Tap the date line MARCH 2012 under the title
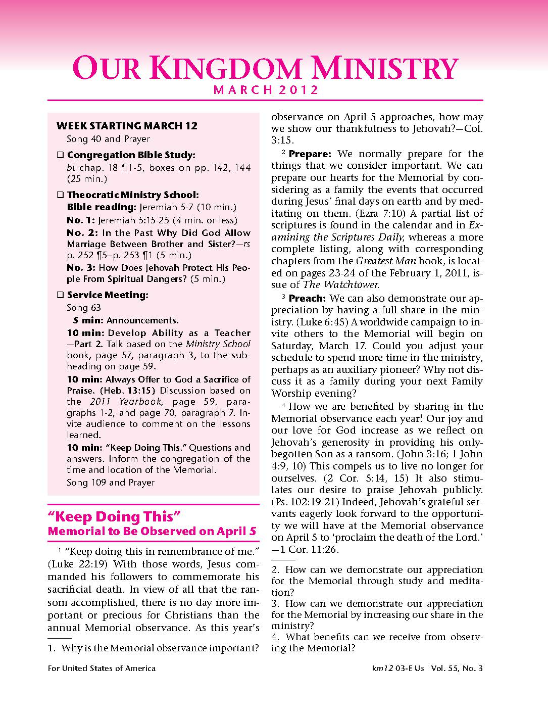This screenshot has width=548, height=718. click(266, 90)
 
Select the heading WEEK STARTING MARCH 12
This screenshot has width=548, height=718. click(127, 126)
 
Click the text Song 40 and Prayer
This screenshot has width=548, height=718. click(108, 139)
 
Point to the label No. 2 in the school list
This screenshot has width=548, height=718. click(82, 233)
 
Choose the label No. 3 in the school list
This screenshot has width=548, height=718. click(82, 268)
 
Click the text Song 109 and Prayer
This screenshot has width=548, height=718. click(111, 483)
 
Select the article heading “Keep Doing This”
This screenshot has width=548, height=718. click(114, 517)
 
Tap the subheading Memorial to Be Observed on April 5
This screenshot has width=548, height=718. click(152, 532)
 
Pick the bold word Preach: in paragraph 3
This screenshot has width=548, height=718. click(307, 299)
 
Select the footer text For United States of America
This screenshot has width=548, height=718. click(102, 668)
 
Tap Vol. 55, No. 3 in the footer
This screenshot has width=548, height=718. click(457, 668)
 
